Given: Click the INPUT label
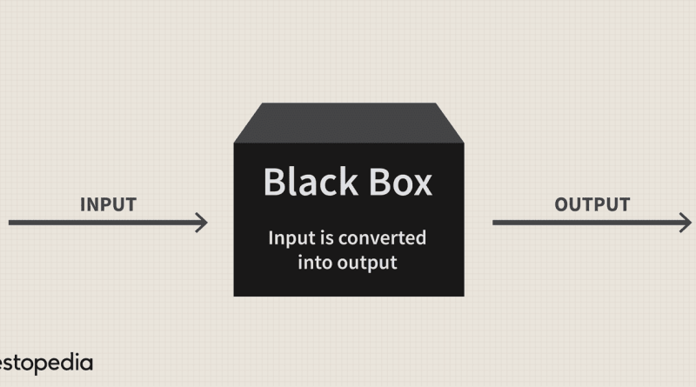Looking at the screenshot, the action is click(x=108, y=204).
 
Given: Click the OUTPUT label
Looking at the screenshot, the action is click(x=592, y=204).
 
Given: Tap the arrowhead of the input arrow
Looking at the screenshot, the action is click(x=202, y=223).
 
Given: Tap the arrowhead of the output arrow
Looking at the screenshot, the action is click(x=686, y=223).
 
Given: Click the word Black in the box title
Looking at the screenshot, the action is click(x=311, y=181).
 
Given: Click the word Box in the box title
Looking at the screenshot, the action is click(x=400, y=182).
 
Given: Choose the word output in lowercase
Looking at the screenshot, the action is click(x=367, y=264).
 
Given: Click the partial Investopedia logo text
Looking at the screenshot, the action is click(x=46, y=364).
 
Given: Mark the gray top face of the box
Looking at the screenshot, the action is click(x=349, y=123).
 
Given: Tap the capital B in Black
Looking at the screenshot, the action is click(x=274, y=182).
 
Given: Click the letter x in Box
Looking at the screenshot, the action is click(x=422, y=185).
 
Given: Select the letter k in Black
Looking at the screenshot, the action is click(x=347, y=181).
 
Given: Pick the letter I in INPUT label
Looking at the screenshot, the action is click(x=83, y=204).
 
